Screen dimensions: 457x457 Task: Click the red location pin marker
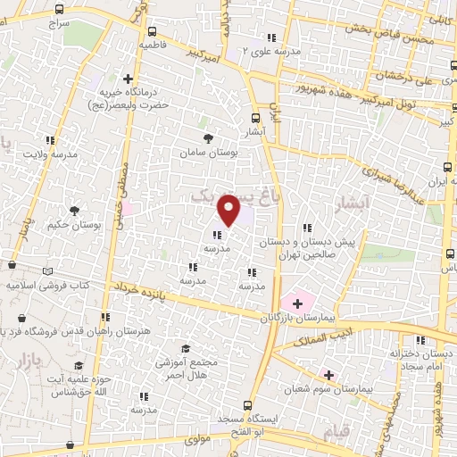pos(229,210)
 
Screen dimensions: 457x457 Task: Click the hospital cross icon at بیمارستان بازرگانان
pos(297,303)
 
